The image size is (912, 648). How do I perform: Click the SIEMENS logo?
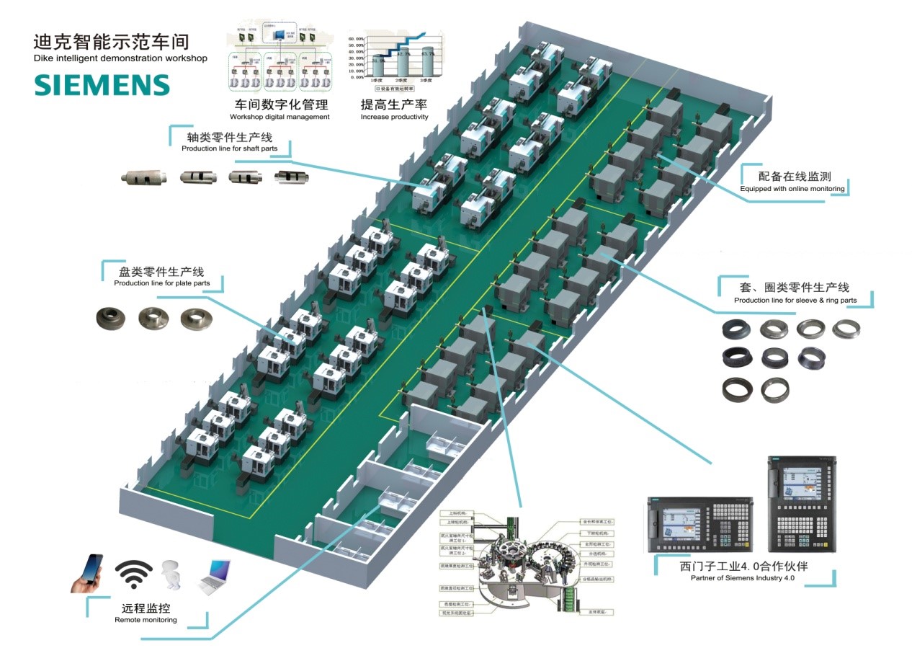pos(102,85)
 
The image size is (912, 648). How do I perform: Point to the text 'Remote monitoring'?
pos(146,620)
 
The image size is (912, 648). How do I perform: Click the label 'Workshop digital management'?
pos(280,117)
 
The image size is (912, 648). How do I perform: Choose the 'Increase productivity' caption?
pos(394,117)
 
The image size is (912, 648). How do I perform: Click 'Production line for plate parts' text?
pos(162,283)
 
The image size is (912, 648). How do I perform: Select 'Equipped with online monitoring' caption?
pos(792,189)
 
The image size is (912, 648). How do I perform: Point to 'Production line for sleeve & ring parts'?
pos(795,300)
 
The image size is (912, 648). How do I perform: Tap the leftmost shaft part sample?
pos(143,177)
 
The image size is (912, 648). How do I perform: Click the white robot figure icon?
pos(171,575)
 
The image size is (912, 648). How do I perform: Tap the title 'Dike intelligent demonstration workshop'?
pos(120,58)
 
